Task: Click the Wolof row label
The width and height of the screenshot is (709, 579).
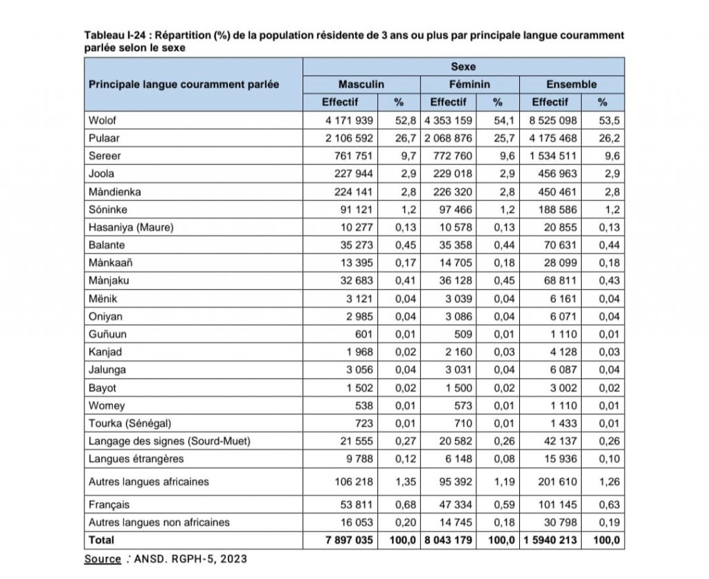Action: point(103,120)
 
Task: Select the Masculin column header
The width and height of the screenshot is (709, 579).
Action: point(361,84)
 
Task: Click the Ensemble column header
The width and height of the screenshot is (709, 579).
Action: point(571,84)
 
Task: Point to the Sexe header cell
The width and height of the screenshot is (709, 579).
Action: point(463,67)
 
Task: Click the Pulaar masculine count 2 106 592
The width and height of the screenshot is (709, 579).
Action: point(349,138)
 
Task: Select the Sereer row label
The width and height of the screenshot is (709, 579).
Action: point(105,156)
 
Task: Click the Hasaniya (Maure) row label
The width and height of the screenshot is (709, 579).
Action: point(131,227)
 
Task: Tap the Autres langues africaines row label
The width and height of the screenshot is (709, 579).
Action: point(148,481)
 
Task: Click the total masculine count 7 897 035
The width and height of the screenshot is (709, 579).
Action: point(349,540)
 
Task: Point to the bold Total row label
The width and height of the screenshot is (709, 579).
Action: point(102,540)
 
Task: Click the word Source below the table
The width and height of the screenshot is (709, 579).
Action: point(102,559)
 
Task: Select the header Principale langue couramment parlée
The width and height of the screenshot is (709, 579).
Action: point(183,84)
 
